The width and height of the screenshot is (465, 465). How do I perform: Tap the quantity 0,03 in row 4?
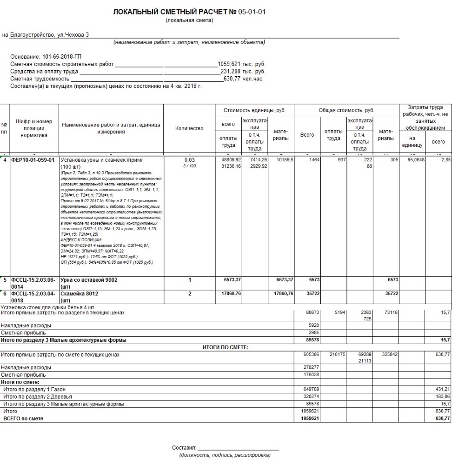click(189, 160)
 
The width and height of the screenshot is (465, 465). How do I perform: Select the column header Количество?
click(189, 128)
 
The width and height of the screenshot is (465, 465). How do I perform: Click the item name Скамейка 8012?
click(80, 294)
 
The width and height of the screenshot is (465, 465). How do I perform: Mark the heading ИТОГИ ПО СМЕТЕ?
click(226, 347)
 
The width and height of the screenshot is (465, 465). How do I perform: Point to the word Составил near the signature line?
click(183, 448)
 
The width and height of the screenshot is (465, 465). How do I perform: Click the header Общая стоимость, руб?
click(346, 111)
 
